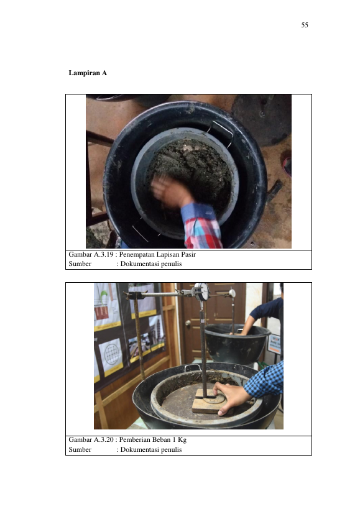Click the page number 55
pos(305,25)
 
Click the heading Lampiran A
pos(88,73)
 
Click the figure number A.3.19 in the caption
pos(103,254)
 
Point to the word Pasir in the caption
pos(188,254)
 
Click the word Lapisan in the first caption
pos(168,255)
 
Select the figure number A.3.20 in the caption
pos(103,439)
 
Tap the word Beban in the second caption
pos(161,439)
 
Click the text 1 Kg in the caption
pos(180,440)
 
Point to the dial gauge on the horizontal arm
pos(202,291)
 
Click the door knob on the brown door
pos(188,323)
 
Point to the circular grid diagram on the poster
pos(111,353)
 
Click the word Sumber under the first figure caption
pos(80,264)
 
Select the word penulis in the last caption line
pos(172,449)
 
